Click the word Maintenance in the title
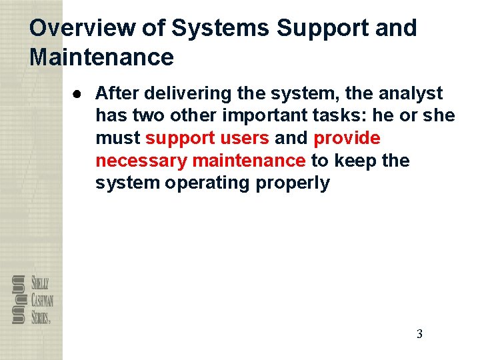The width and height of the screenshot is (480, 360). coord(102,57)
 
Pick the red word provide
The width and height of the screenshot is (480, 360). coord(347,139)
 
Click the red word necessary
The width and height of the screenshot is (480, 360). coord(141,161)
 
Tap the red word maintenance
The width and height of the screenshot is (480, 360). coord(248,161)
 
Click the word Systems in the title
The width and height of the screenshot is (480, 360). coord(220,29)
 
